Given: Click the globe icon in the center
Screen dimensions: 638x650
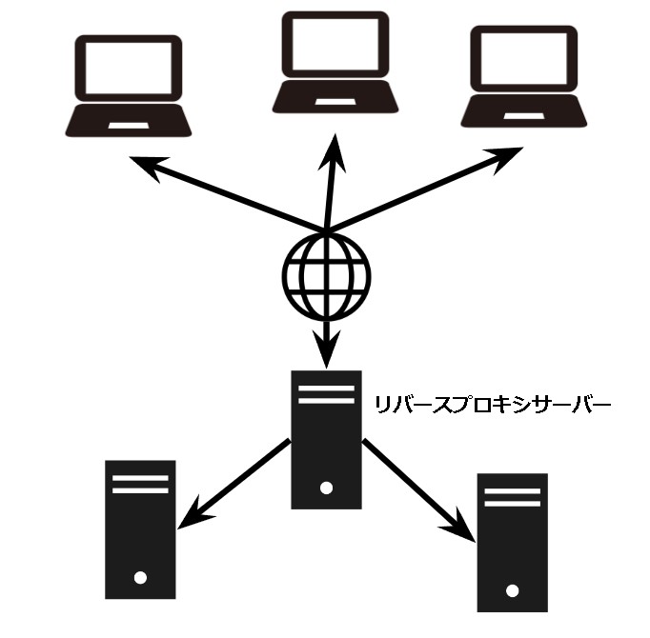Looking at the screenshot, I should [326, 275].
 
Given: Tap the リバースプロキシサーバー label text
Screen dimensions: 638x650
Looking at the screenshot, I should [491, 404].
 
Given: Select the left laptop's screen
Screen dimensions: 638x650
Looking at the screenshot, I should [129, 70].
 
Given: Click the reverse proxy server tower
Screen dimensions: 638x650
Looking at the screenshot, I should [326, 439].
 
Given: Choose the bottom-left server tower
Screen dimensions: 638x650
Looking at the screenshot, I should [140, 528].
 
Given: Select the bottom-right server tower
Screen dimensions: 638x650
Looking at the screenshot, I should [514, 541].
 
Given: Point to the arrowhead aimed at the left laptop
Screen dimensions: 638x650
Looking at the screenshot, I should [150, 166].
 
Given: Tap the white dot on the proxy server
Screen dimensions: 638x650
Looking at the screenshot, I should [326, 488].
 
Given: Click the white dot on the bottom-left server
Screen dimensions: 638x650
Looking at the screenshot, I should [140, 577].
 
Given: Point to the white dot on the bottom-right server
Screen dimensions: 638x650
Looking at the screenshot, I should [514, 588].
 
